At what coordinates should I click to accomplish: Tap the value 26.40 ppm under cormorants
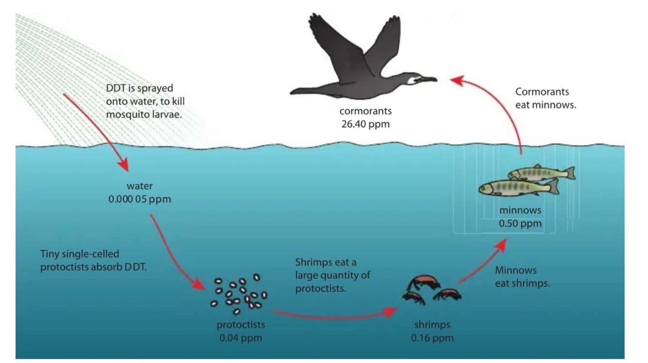365,124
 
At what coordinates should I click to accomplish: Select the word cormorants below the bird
365,111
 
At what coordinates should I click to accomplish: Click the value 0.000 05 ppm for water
140,199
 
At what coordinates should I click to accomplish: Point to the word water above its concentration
140,186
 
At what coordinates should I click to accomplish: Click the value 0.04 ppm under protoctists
240,337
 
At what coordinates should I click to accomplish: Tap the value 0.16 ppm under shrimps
432,337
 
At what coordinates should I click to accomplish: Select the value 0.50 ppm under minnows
520,224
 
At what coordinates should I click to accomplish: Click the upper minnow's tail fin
569,173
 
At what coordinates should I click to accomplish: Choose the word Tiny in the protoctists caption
50,254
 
